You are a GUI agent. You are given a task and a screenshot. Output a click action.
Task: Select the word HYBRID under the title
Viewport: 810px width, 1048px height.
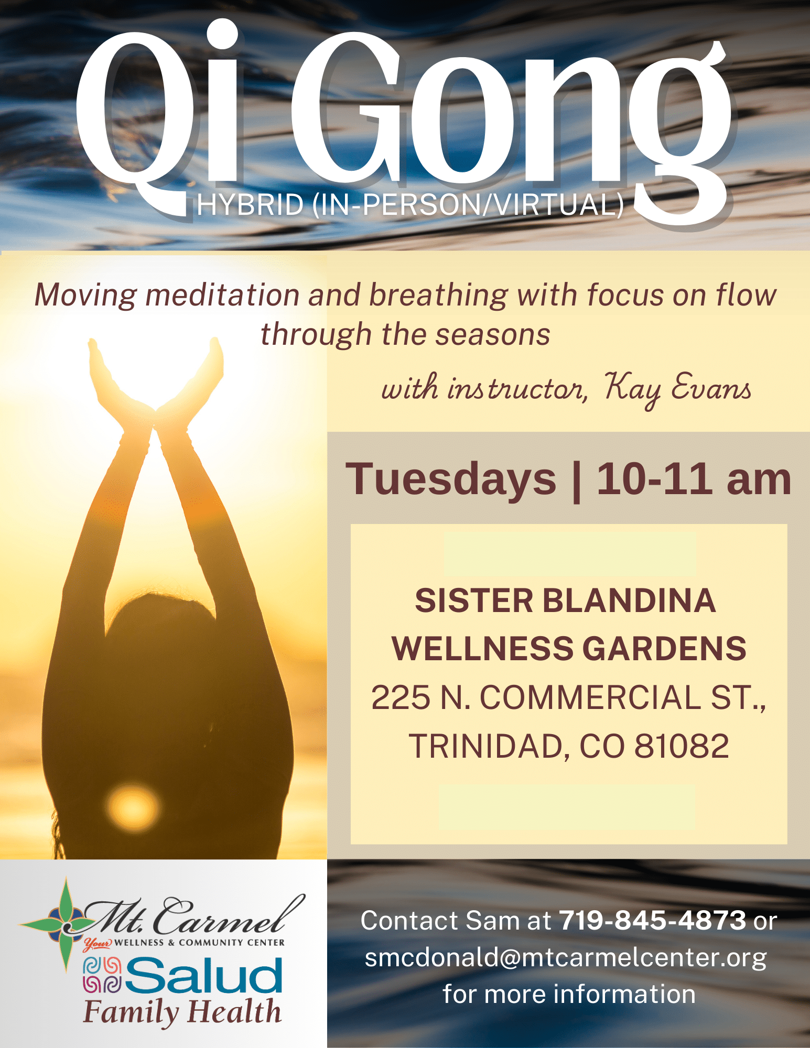tap(250, 204)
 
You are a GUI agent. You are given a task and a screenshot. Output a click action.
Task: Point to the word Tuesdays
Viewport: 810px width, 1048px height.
tap(451, 479)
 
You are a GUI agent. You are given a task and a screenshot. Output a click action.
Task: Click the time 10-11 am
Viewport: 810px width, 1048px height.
tap(694, 479)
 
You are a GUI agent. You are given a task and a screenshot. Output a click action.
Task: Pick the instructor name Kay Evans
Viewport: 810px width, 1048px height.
tap(677, 389)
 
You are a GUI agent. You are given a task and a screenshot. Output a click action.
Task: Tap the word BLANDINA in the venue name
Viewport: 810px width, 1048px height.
tap(629, 601)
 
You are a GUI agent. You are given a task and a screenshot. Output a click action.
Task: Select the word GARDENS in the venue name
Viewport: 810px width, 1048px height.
tap(664, 649)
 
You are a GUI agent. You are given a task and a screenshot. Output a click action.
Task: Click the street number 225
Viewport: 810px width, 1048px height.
tap(401, 697)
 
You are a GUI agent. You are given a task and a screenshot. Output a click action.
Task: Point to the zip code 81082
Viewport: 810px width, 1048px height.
tap(682, 746)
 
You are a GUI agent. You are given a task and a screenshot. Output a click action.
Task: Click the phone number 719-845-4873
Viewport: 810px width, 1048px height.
tap(653, 920)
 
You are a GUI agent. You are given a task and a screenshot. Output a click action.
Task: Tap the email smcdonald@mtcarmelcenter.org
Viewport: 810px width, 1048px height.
tap(566, 958)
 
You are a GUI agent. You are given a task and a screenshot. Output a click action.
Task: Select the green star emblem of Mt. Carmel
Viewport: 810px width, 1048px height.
tap(66, 925)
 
